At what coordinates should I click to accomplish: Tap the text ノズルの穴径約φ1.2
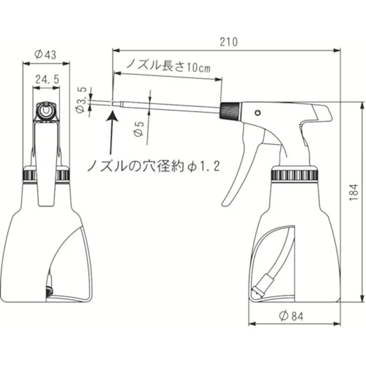(153, 165)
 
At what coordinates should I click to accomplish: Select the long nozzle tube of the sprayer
(169, 107)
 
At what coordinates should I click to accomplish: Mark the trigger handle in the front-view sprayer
(46, 164)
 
